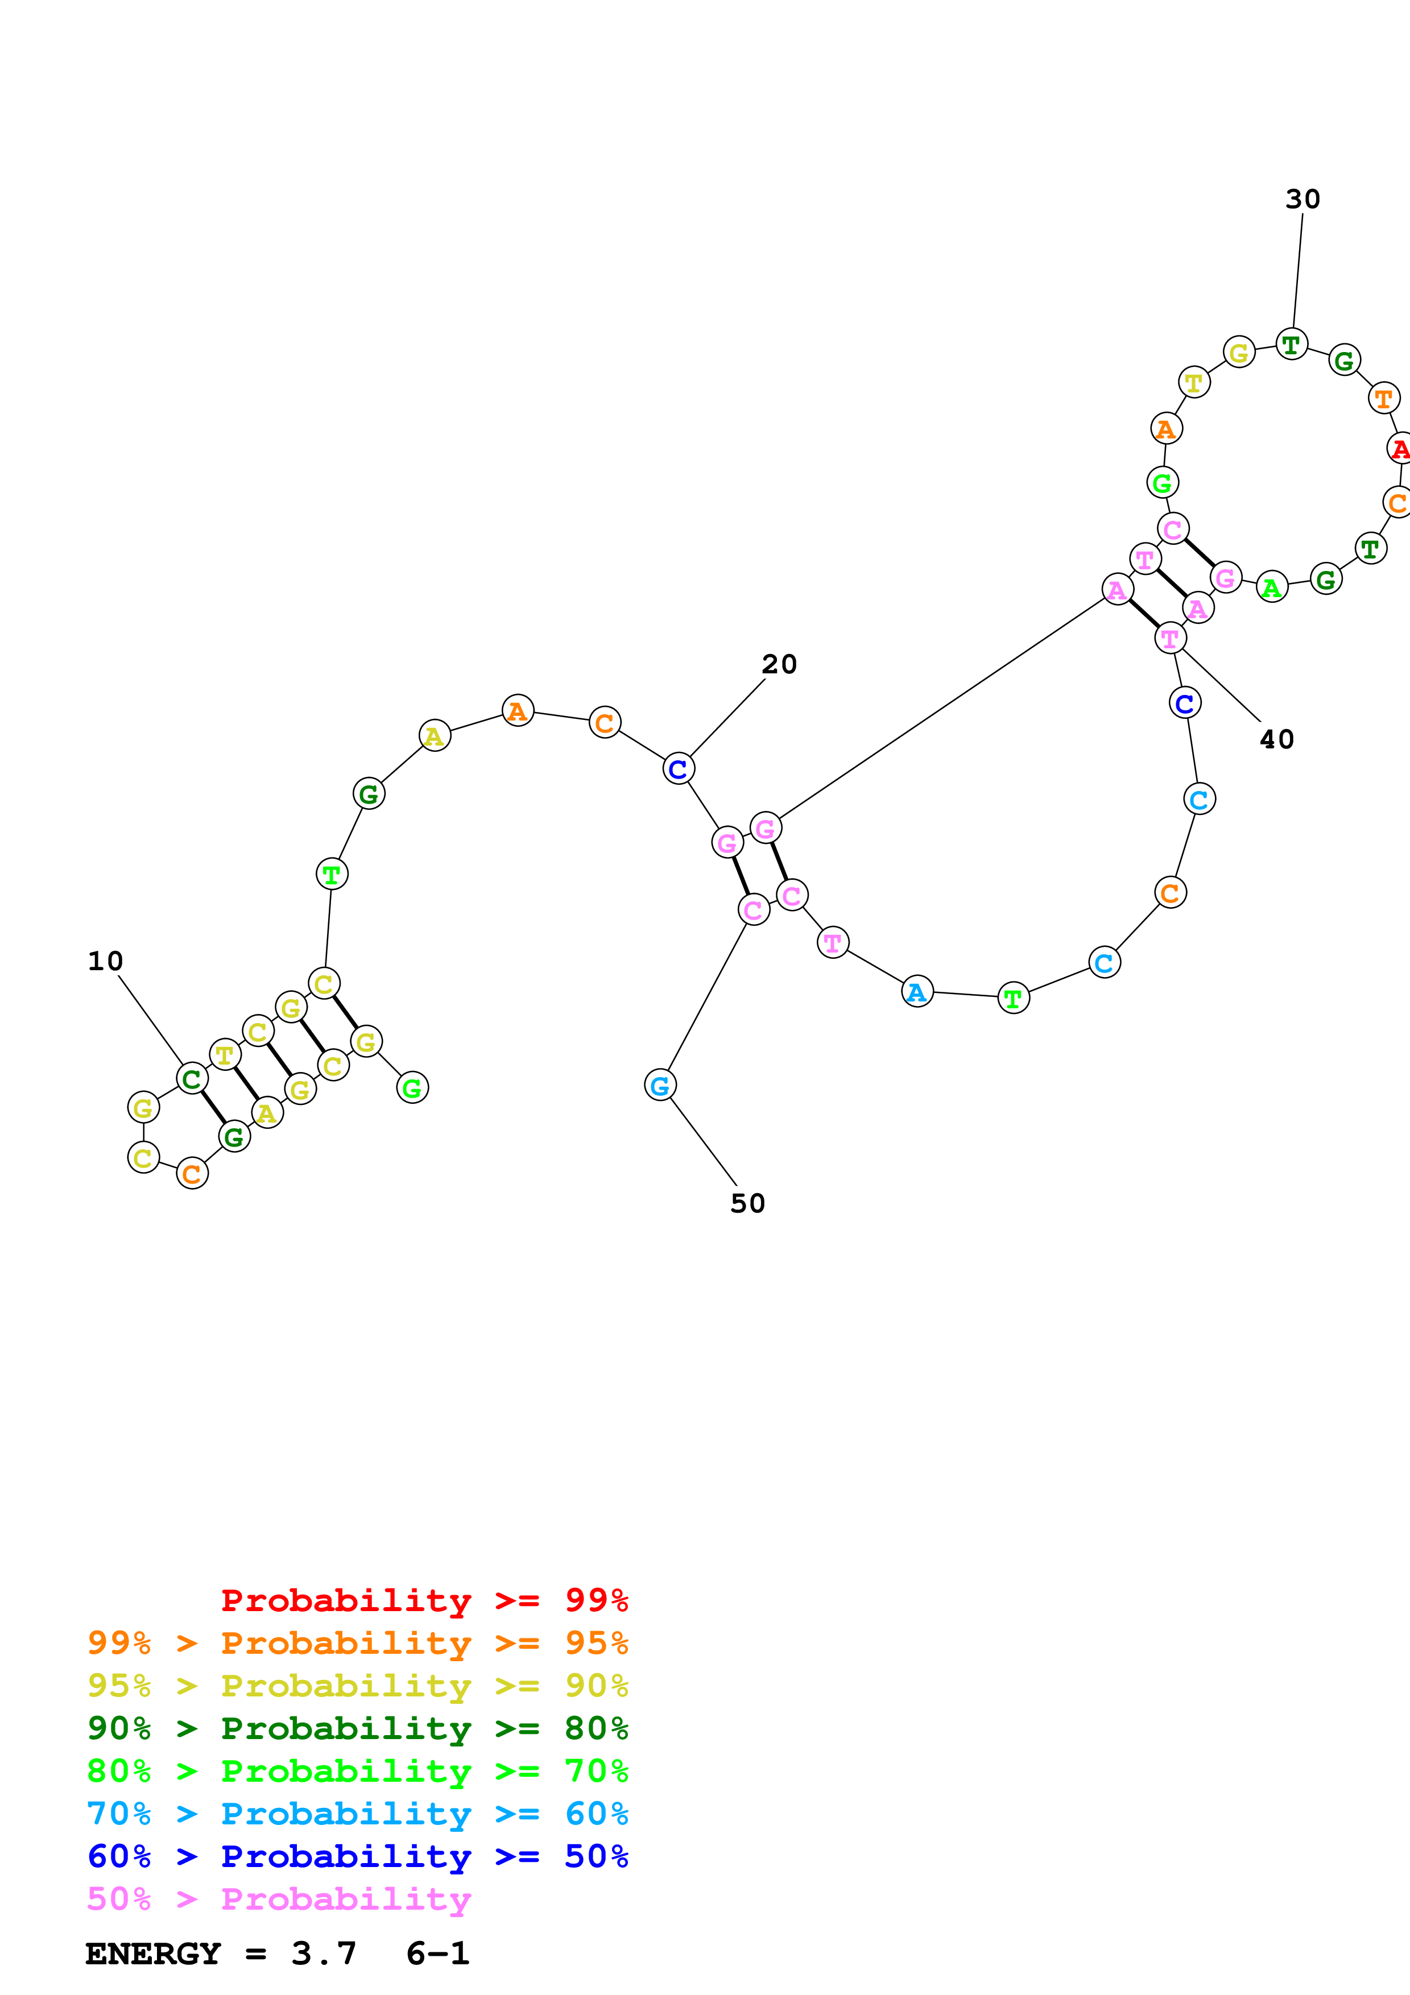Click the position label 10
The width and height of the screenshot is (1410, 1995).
coord(105,961)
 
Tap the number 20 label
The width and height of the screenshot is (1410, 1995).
coord(779,664)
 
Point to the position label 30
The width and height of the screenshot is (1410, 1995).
coord(1303,199)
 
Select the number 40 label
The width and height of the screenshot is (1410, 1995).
coord(1276,739)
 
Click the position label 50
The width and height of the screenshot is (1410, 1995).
coord(747,1203)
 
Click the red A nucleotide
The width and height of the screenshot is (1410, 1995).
coord(1399,449)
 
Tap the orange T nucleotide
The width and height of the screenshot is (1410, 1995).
coord(1383,399)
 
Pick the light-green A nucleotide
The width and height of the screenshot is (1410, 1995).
coord(1272,588)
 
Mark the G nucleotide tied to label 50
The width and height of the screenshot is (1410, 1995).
coord(660,1085)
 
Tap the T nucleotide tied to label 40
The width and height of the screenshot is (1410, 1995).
coord(1170,639)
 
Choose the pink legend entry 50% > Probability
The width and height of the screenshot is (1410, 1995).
coord(279,1899)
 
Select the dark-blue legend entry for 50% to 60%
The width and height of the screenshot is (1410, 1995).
coord(357,1856)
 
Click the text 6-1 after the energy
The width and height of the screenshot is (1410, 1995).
coord(437,1954)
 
